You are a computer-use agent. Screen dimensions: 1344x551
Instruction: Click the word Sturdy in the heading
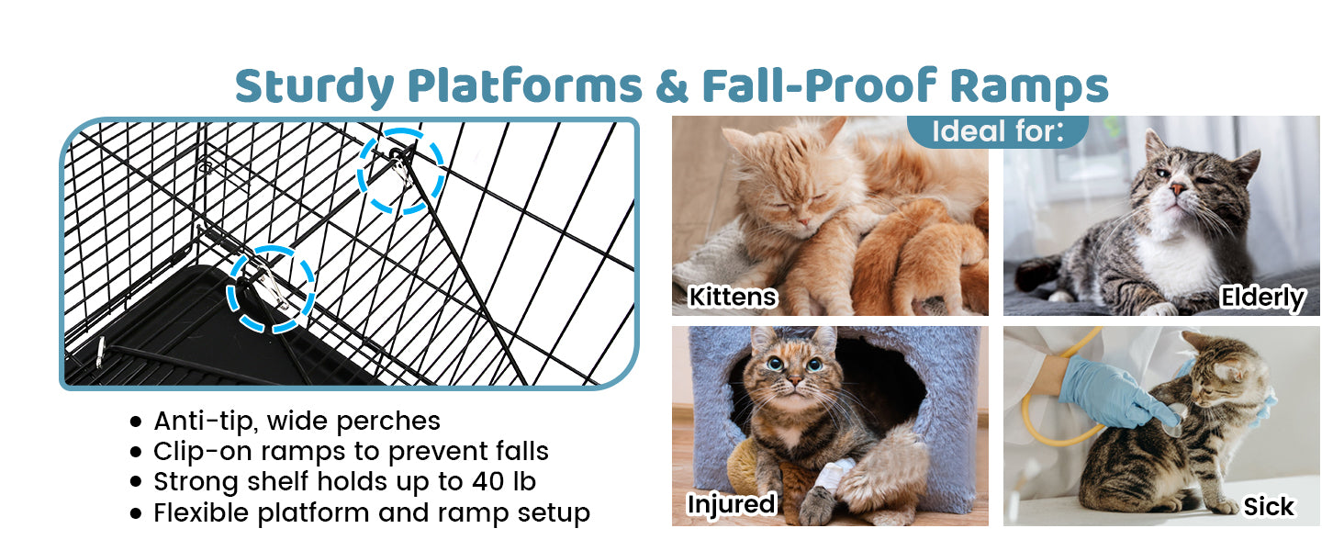314,86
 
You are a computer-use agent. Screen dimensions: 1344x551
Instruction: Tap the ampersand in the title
672,86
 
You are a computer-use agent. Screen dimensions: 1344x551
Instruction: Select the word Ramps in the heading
1029,86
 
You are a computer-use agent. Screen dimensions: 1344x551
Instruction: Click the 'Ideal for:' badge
998,130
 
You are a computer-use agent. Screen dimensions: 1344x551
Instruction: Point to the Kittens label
733,297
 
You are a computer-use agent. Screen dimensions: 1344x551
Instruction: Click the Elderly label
1263,298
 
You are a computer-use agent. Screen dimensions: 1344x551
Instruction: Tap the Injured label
732,504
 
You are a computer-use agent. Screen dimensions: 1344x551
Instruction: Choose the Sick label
1269,507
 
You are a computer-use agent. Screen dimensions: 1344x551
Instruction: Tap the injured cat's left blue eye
775,363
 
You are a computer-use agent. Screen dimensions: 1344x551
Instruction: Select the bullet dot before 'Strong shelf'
136,482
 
